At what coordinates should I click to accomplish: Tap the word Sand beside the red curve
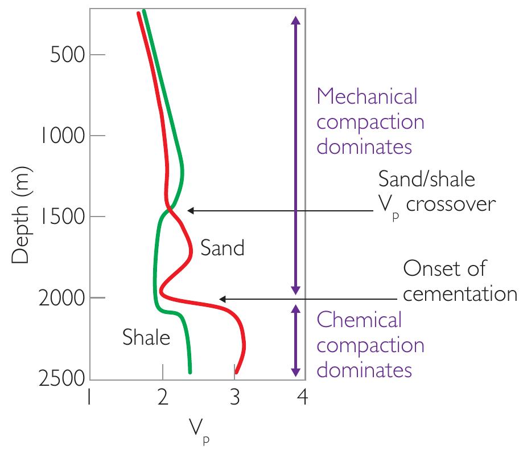[x=222, y=248]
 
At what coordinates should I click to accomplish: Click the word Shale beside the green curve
[x=146, y=338]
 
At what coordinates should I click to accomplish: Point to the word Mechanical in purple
[x=366, y=96]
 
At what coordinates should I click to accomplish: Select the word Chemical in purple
[x=359, y=320]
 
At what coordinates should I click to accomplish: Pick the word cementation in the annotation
[x=459, y=295]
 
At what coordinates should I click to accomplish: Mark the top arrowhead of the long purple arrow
[x=295, y=19]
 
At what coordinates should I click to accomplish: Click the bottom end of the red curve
[x=237, y=372]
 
